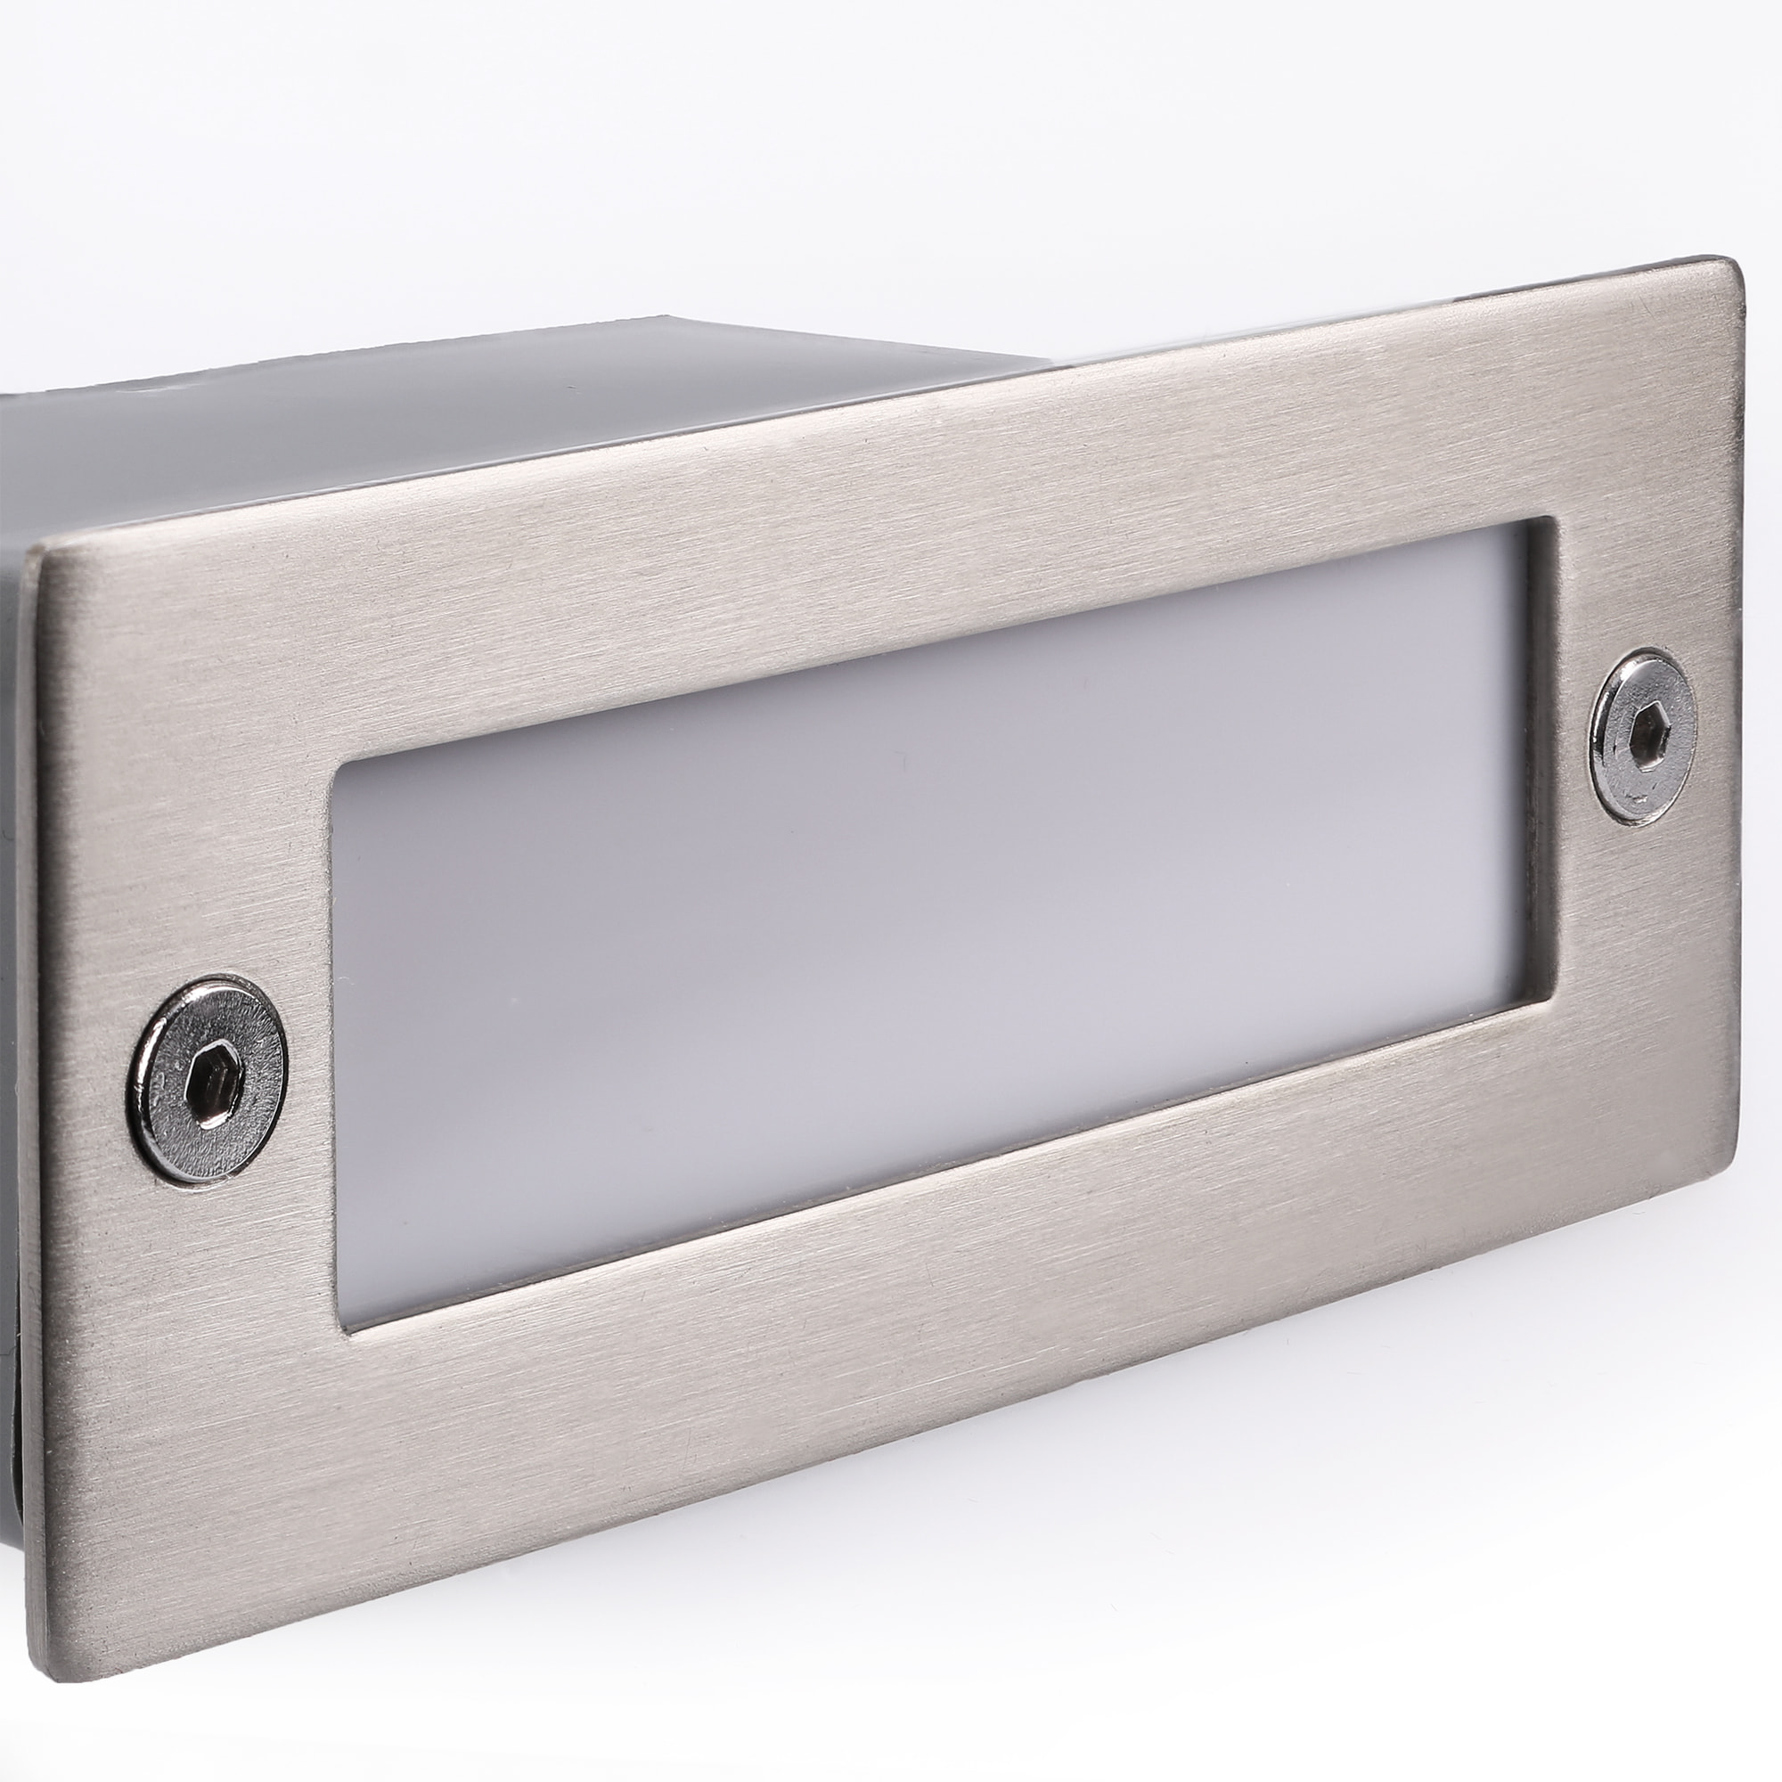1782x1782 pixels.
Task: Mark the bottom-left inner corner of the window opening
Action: (343, 1328)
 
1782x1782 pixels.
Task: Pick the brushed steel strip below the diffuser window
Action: (922, 1310)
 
